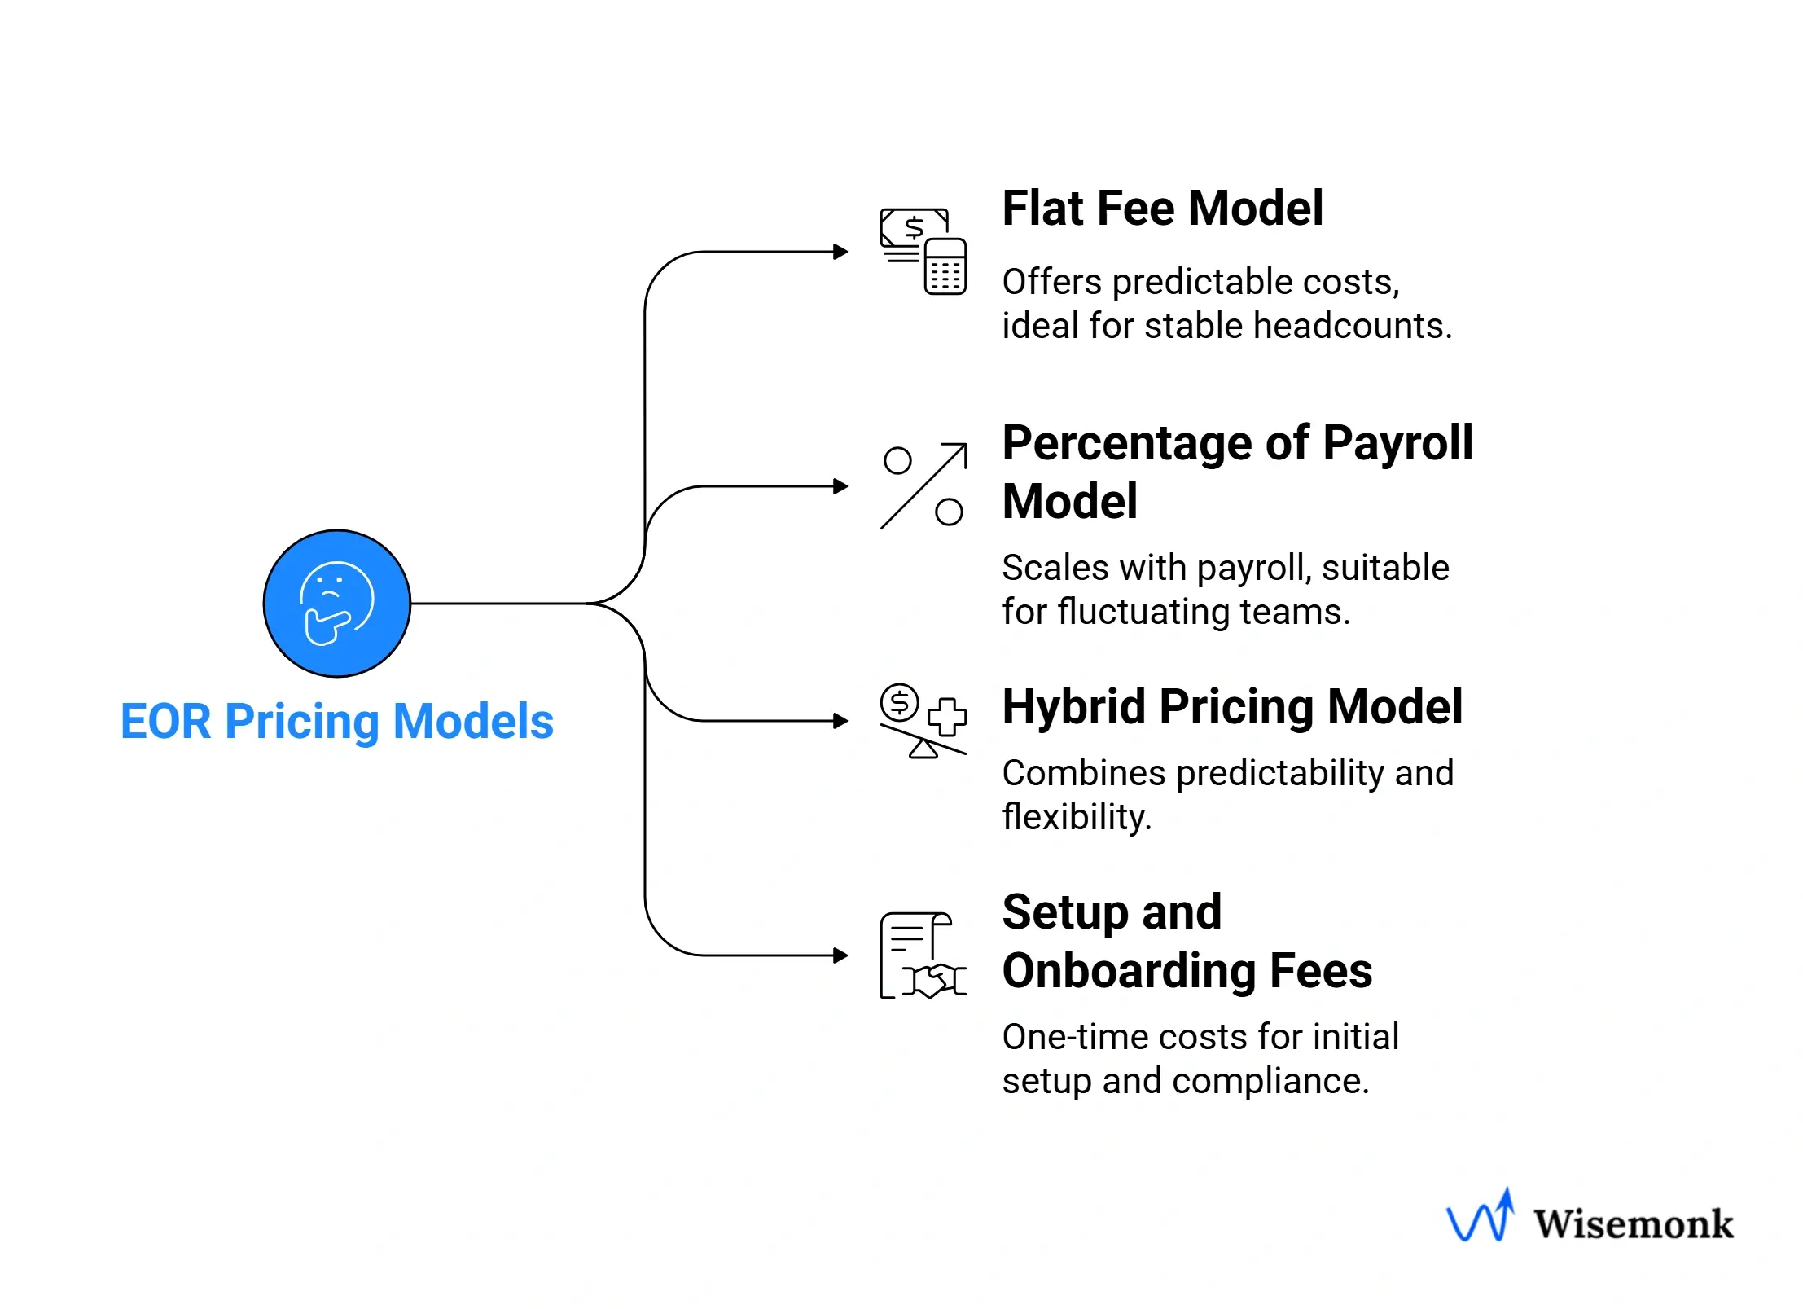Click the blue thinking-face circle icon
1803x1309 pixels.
coord(336,604)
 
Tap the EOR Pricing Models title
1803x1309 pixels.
coord(336,722)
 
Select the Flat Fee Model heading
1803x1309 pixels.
coord(1162,209)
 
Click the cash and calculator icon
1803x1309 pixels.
coord(923,251)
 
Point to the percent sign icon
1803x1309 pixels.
coord(923,486)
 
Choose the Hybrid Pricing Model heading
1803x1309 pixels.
coord(1232,706)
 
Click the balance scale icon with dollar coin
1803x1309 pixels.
coord(923,721)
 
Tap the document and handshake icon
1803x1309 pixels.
coord(923,955)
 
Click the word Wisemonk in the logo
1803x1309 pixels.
coord(1634,1224)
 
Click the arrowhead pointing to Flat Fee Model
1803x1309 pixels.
coord(841,252)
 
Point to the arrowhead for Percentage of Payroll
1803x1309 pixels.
coord(841,486)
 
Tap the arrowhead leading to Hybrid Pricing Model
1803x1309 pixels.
coord(841,721)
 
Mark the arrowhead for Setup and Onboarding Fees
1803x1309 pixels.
coord(841,955)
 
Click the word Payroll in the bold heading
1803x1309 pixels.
coord(1397,444)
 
